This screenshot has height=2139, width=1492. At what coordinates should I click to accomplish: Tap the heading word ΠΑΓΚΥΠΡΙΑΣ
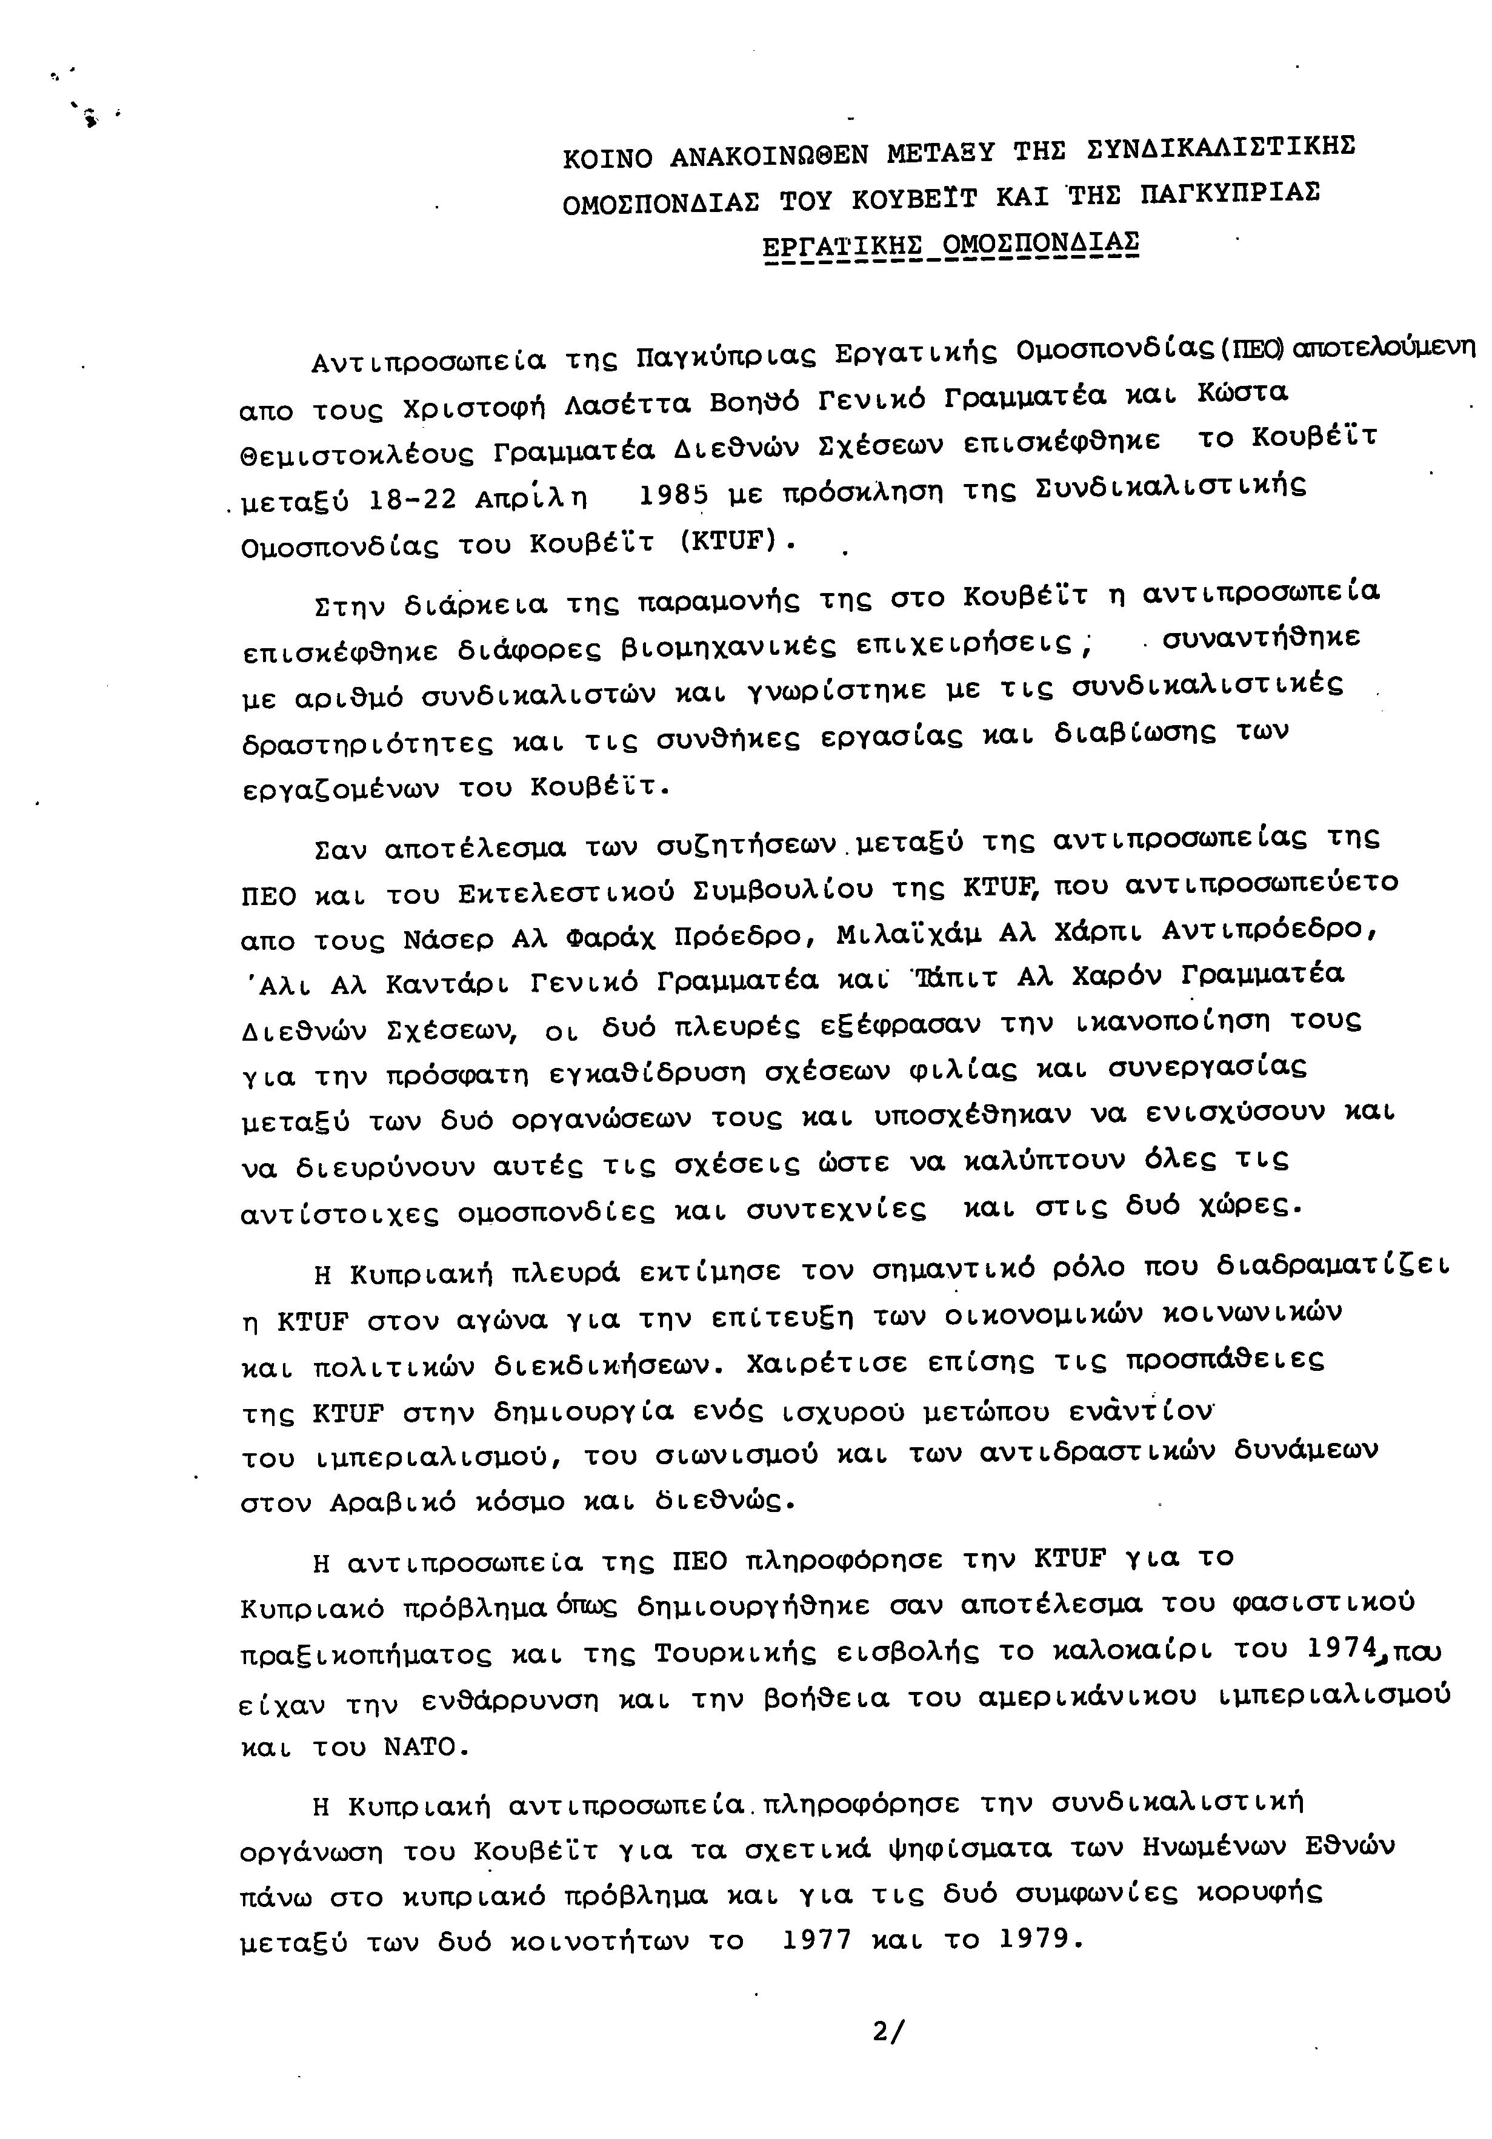tap(1228, 194)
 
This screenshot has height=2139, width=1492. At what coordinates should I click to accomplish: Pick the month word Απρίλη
tap(531, 499)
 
